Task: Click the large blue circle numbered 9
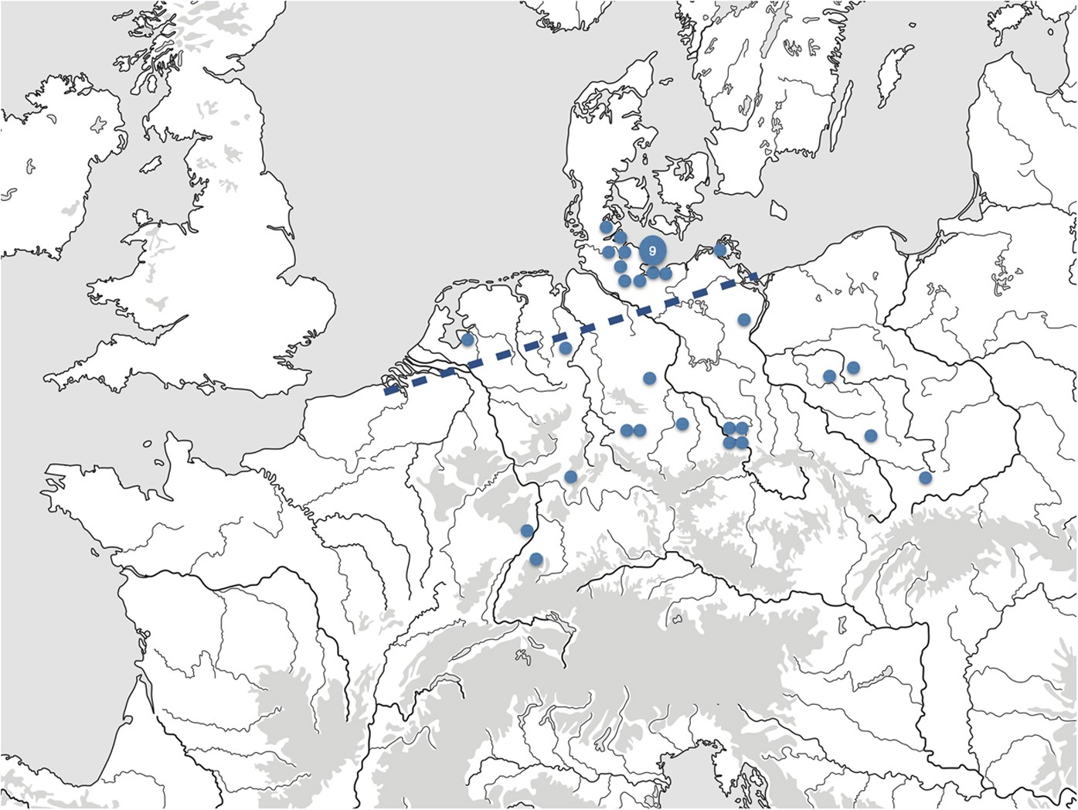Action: pos(653,251)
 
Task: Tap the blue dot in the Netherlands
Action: pos(467,339)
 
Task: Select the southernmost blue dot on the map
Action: pos(536,559)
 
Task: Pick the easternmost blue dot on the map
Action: pos(925,478)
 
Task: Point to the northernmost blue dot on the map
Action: pos(607,227)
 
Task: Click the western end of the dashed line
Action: pos(386,390)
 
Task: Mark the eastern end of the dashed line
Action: pos(757,277)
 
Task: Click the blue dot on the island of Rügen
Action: pos(720,250)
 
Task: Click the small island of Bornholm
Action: pos(779,209)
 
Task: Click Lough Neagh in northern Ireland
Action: pos(98,124)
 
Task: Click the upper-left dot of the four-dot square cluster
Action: pos(729,428)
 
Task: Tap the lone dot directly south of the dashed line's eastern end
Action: pos(744,319)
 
